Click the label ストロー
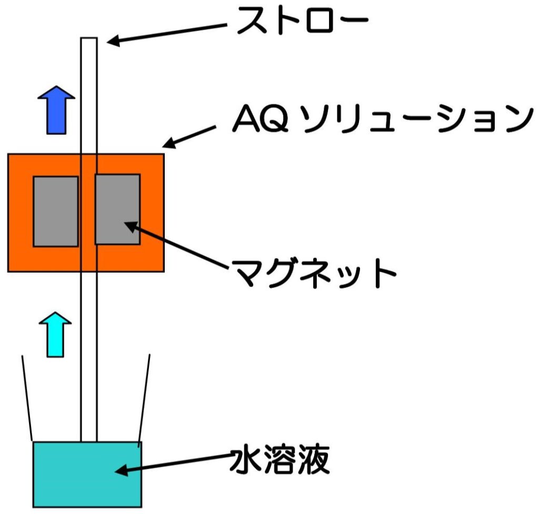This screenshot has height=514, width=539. [x=301, y=22]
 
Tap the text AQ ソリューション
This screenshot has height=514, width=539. [x=380, y=121]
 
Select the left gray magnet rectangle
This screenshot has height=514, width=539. [x=56, y=211]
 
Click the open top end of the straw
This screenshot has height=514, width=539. [x=89, y=40]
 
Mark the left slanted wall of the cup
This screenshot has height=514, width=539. [x=27, y=398]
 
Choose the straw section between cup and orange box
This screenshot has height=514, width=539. [x=89, y=358]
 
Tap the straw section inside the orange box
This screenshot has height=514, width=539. [x=89, y=211]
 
